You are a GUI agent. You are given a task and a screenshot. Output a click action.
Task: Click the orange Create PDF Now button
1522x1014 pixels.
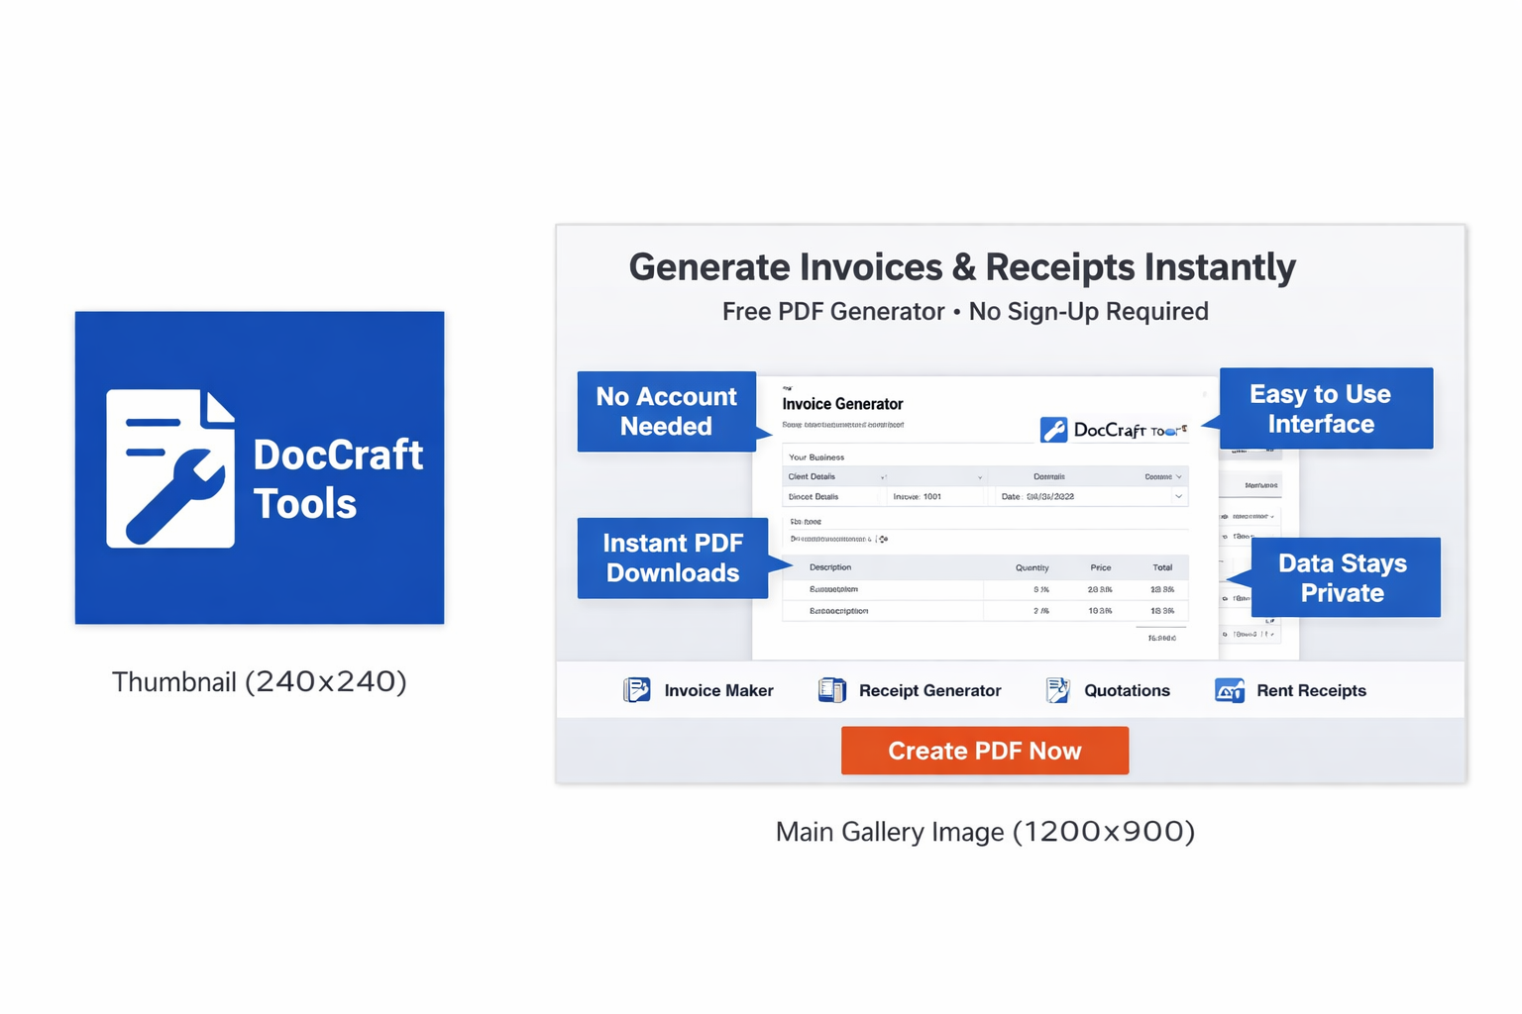(x=984, y=751)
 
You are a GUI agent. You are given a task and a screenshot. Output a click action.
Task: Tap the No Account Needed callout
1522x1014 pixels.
(x=666, y=411)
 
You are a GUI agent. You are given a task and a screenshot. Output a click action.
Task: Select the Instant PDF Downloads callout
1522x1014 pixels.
(x=672, y=558)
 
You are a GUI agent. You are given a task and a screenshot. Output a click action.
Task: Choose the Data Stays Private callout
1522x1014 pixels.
(x=1345, y=577)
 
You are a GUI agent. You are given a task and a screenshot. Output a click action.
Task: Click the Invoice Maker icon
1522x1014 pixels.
(x=637, y=690)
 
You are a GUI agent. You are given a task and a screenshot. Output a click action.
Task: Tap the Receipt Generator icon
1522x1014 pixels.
(x=832, y=690)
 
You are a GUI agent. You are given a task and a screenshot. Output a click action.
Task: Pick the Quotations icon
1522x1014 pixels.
(x=1057, y=690)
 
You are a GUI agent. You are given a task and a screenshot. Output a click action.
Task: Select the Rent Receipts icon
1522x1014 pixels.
(x=1230, y=690)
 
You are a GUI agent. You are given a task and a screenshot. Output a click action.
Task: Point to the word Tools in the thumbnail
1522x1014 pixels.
(x=304, y=503)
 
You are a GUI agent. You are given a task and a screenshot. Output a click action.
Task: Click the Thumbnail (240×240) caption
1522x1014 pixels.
(x=259, y=681)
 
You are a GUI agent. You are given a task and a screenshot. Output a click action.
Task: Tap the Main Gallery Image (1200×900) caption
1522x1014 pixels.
(x=985, y=831)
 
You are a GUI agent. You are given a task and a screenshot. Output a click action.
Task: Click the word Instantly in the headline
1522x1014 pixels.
(x=1220, y=267)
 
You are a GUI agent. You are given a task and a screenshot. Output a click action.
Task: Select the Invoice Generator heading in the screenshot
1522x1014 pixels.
(x=842, y=404)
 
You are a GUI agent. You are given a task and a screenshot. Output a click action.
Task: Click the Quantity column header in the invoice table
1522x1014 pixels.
(x=1032, y=567)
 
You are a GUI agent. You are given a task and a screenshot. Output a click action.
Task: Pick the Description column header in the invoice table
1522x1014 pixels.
(x=830, y=567)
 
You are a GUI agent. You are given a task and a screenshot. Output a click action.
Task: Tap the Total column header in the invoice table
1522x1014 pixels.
(x=1162, y=567)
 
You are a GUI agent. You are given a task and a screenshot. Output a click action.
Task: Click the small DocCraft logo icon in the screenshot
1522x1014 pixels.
(x=1053, y=430)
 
